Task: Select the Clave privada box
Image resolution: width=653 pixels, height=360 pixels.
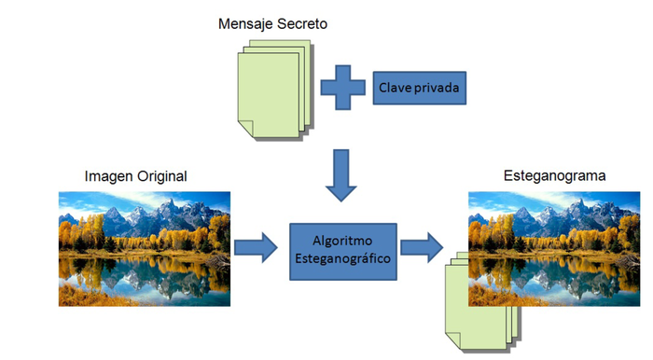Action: click(419, 88)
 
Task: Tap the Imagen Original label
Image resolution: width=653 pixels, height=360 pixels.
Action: click(135, 175)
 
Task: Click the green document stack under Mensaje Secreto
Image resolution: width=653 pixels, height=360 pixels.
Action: click(271, 93)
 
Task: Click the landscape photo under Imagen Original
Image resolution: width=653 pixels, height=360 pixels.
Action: click(144, 248)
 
